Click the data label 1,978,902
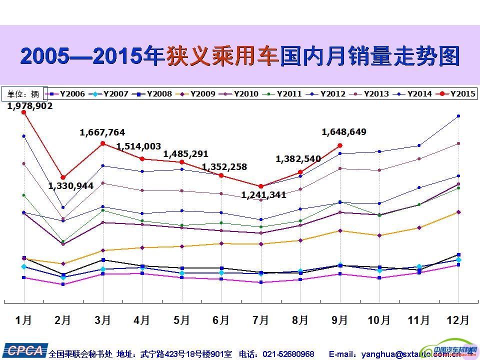[30, 105]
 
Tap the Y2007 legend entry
[111, 93]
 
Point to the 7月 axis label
[260, 319]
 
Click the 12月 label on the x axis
[457, 319]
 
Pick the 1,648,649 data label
[344, 132]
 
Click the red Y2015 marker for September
[340, 145]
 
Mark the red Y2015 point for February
[63, 177]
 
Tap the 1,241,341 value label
[263, 195]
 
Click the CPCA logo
[23, 351]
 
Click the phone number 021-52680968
[290, 354]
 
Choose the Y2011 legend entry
[284, 93]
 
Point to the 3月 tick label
[102, 319]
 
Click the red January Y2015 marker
[23, 112]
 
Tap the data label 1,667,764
[102, 132]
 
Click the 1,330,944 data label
[71, 186]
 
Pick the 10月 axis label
[378, 319]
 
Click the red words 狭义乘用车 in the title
[222, 56]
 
